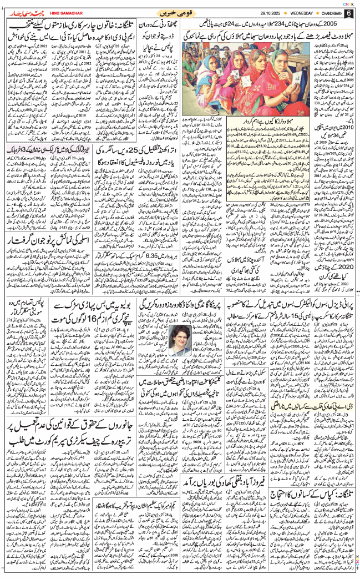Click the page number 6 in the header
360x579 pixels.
tap(350, 13)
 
